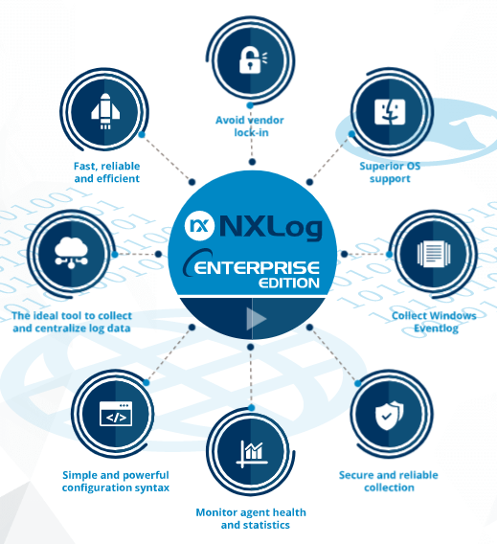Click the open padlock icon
(x=253, y=60)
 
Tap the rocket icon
(x=105, y=111)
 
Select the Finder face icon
(x=390, y=112)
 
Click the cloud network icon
(x=72, y=252)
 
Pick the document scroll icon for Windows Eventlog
(x=434, y=255)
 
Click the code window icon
(x=116, y=414)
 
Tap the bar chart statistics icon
(x=252, y=452)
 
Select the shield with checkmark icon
(x=390, y=415)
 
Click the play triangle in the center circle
(x=256, y=319)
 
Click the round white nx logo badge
(x=199, y=226)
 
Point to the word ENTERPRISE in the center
(x=257, y=267)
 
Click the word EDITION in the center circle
(x=289, y=283)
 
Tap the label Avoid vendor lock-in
(x=250, y=126)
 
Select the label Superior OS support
(x=390, y=172)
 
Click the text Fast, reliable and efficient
(x=107, y=172)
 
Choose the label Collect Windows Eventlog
(x=434, y=322)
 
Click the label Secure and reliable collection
(x=389, y=481)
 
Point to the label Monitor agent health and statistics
(x=251, y=519)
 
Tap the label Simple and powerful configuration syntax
(x=116, y=481)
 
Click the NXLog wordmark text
(x=270, y=227)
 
